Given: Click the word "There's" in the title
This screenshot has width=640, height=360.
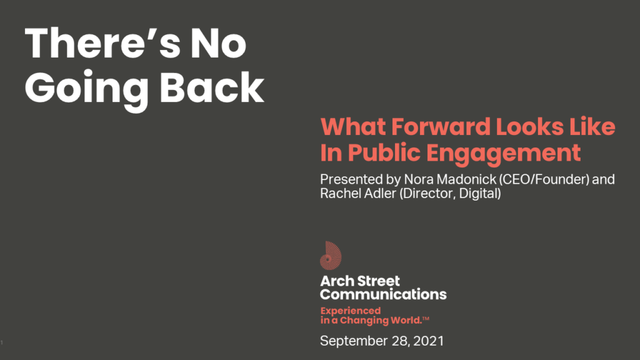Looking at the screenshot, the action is [102, 43].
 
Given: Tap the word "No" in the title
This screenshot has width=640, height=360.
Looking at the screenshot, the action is [218, 43].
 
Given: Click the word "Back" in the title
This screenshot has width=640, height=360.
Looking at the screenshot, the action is [211, 87].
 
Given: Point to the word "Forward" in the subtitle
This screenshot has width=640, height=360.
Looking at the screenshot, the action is [441, 126].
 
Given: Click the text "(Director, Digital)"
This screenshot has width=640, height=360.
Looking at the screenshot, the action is [450, 194].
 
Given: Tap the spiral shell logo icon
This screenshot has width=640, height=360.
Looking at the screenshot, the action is [331, 256].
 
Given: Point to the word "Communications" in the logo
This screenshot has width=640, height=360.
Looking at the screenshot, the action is [383, 294].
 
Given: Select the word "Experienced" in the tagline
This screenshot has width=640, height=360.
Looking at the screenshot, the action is [351, 311].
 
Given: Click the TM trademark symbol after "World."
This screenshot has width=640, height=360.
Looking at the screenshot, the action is [426, 318].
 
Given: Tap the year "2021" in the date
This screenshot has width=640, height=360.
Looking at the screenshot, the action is [428, 341].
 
